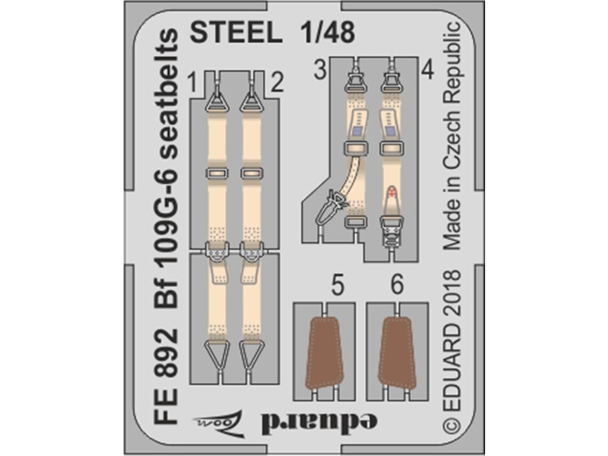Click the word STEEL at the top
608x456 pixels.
pos(235,33)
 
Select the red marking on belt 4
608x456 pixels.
pos(391,192)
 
